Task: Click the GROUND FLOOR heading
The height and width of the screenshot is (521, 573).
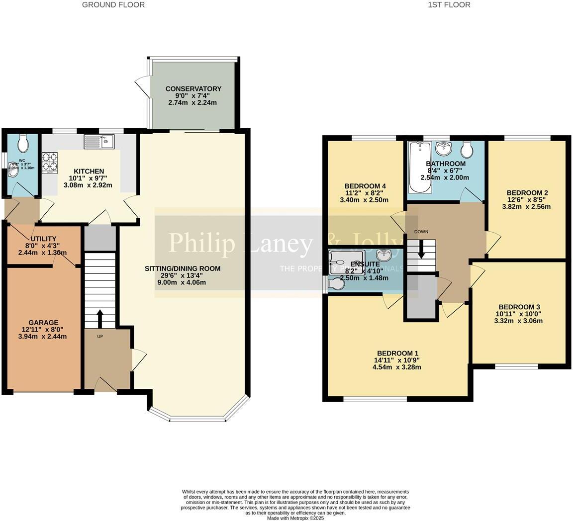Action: pyautogui.click(x=113, y=5)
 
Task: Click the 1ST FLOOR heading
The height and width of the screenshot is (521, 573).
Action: pyautogui.click(x=449, y=5)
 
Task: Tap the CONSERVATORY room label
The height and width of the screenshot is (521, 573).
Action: pyautogui.click(x=193, y=89)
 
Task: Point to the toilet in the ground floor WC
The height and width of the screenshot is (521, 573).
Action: pyautogui.click(x=23, y=144)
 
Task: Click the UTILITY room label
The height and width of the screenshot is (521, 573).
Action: pyautogui.click(x=44, y=239)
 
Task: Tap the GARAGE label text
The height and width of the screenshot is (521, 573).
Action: pyautogui.click(x=43, y=323)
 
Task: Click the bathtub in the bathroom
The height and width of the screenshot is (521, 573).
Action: pyautogui.click(x=417, y=168)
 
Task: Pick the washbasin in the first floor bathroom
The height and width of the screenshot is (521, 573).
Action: pyautogui.click(x=443, y=148)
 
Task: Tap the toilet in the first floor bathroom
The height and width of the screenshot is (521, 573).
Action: pyautogui.click(x=467, y=148)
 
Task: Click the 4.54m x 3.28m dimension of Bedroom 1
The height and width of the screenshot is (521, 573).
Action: pyautogui.click(x=397, y=367)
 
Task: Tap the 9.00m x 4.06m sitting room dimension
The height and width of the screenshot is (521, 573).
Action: pyautogui.click(x=182, y=282)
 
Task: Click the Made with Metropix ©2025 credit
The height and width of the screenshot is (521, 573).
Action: pyautogui.click(x=295, y=518)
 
